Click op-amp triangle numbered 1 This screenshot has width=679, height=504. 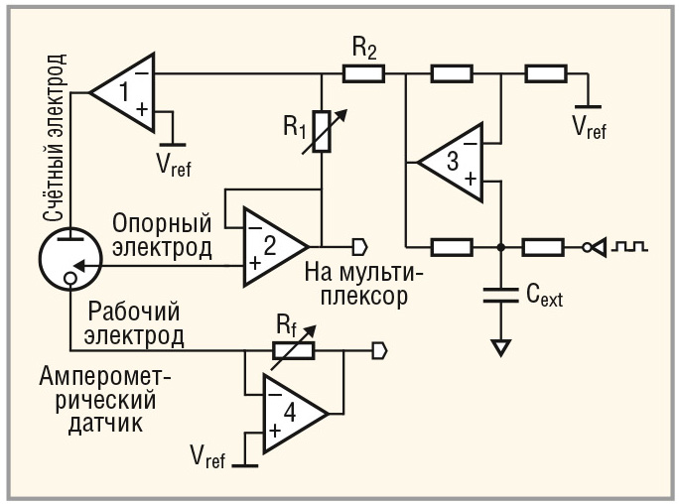pos(125,92)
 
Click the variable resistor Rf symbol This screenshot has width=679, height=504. pos(292,349)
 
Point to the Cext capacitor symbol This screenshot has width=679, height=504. pos(500,293)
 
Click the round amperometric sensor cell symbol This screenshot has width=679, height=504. pos(68,262)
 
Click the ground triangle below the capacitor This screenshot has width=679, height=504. pos(500,347)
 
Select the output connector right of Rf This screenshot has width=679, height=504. pos(378,349)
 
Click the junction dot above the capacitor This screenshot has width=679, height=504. pos(500,244)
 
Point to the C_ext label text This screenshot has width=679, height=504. pos(542,294)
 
